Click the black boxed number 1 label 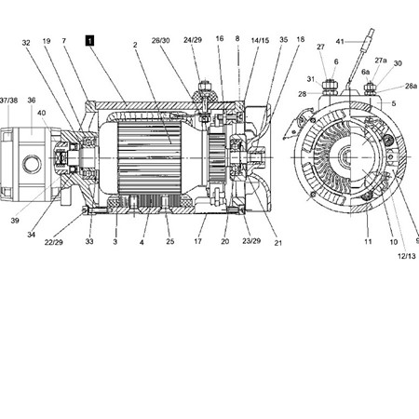[89, 41]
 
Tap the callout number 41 [340, 41]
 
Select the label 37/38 [8, 101]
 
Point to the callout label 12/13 [406, 256]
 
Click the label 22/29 [53, 242]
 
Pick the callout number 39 [15, 221]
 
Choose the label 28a [411, 86]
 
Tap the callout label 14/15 [260, 40]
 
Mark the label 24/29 [193, 40]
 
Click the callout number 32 [26, 43]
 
